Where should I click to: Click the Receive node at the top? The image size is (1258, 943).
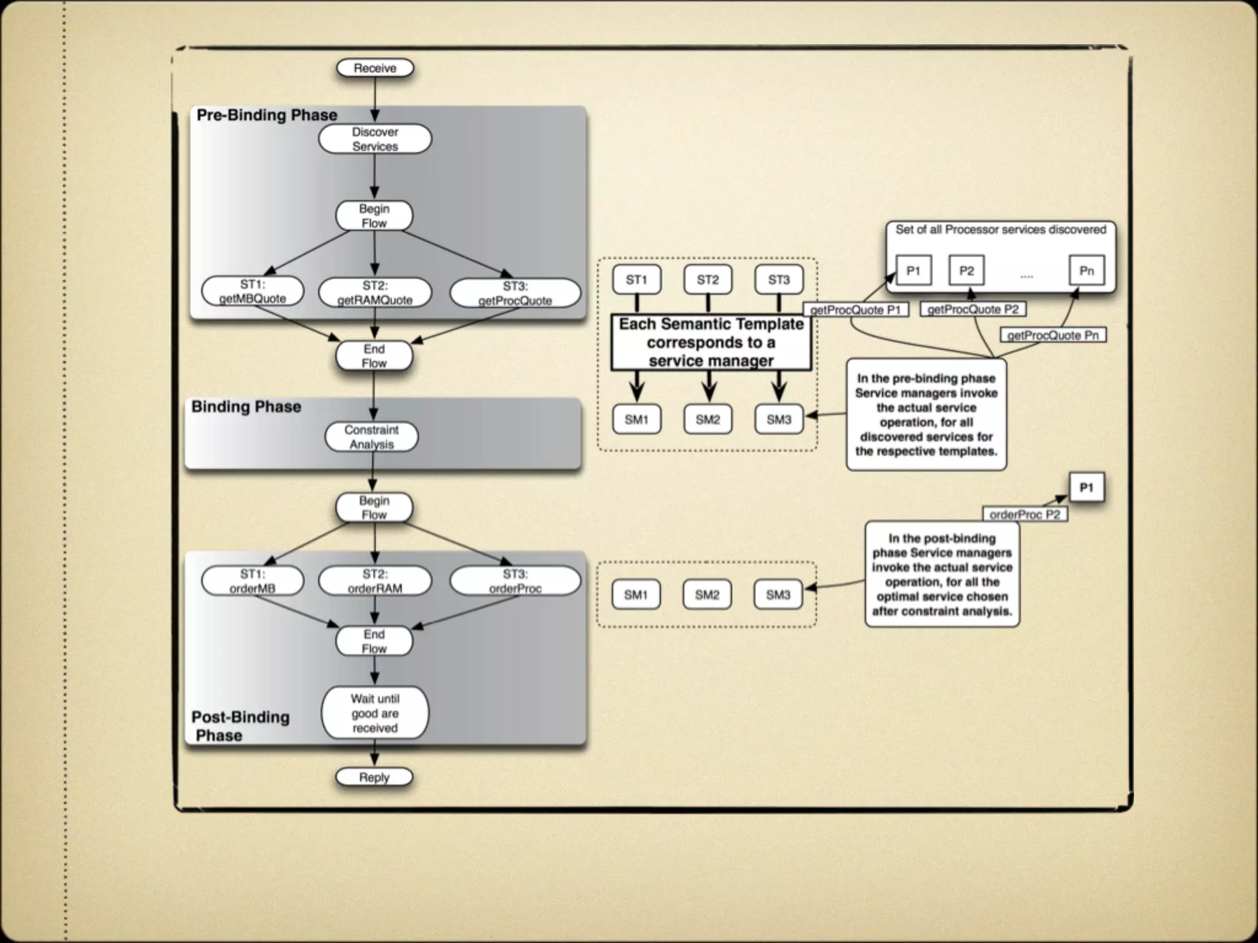point(375,68)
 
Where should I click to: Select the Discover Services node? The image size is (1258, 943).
point(375,139)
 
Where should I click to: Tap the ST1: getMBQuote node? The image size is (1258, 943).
point(252,292)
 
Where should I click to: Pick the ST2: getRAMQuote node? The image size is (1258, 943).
point(375,293)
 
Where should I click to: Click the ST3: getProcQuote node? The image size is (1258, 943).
point(515,293)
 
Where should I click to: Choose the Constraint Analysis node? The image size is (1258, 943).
point(372,437)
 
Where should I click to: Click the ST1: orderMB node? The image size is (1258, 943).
point(252,581)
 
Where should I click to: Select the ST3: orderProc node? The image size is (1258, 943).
point(515,581)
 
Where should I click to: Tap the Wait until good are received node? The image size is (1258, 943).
point(375,713)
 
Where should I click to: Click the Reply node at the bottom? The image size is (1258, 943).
point(374,777)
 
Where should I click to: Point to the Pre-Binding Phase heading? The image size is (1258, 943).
point(267,115)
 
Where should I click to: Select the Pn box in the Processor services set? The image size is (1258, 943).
point(1087,271)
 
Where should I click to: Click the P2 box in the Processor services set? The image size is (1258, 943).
point(966,271)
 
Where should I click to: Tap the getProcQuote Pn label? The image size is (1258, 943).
point(1053,335)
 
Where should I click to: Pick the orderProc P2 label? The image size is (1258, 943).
point(1025,514)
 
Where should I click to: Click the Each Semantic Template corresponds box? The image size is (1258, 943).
point(711,343)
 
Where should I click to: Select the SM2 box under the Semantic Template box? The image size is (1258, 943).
point(708,420)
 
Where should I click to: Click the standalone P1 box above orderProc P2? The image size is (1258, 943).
point(1087,488)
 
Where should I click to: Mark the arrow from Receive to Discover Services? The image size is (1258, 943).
point(375,98)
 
